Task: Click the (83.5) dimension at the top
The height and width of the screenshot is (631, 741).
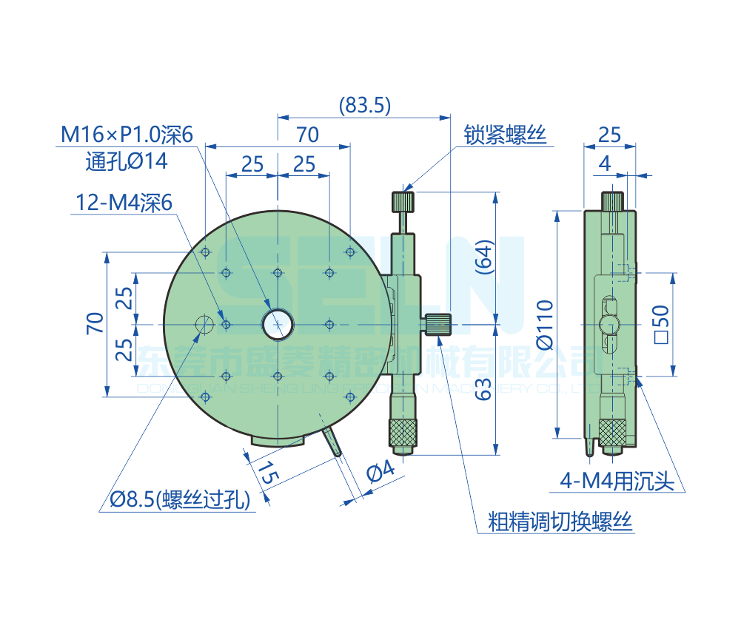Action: [x=364, y=105]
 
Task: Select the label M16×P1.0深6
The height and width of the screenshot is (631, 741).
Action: [x=127, y=135]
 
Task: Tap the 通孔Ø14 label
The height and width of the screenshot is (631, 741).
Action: [x=127, y=161]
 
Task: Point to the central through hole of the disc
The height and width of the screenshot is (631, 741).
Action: [x=277, y=323]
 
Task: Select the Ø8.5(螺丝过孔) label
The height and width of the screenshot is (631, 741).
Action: [x=180, y=500]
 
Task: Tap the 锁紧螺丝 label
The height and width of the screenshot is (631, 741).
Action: [x=504, y=135]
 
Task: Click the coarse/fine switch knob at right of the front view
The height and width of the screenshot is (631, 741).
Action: [x=440, y=324]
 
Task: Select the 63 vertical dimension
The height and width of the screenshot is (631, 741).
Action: [x=483, y=388]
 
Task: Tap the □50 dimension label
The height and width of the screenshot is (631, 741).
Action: [x=661, y=324]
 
